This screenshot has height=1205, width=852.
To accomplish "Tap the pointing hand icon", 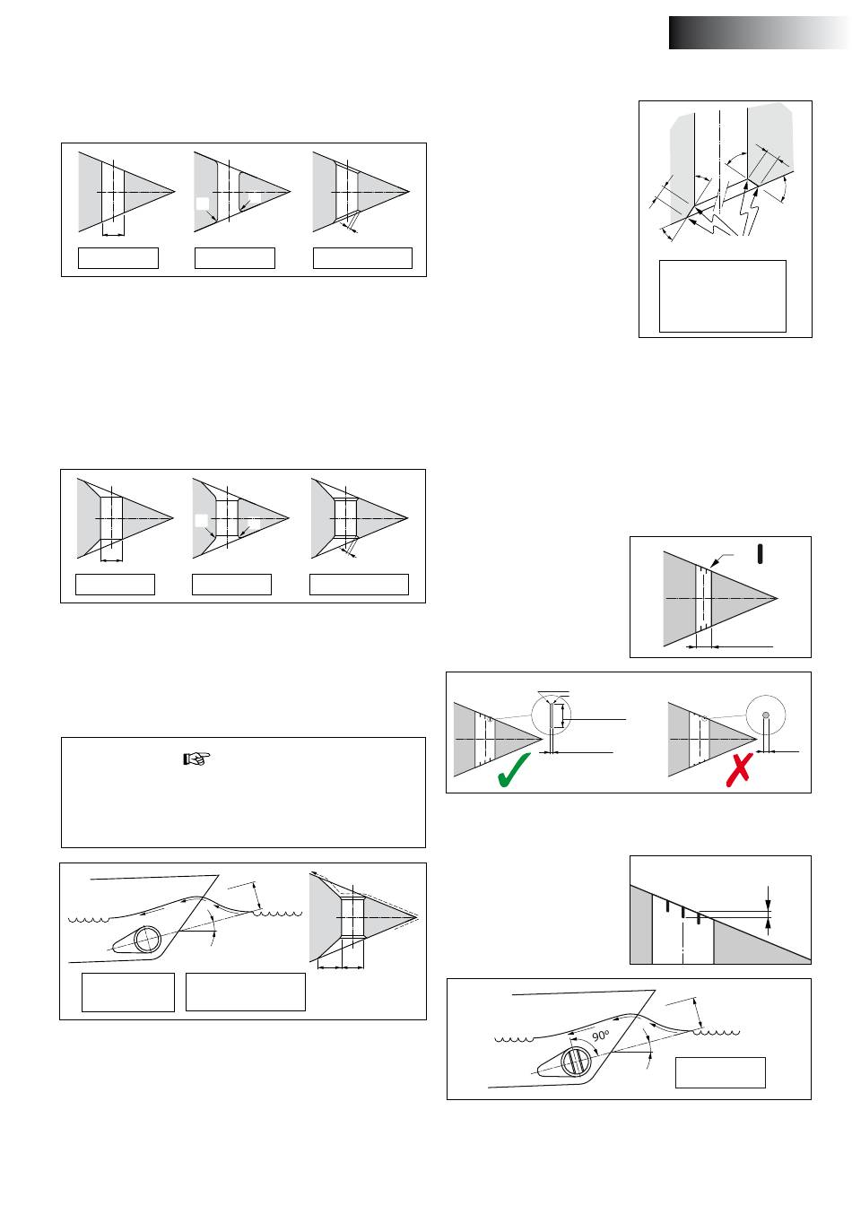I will (195, 759).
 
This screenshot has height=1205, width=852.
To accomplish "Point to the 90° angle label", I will (601, 1036).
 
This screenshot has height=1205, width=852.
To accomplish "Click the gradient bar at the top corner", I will (759, 32).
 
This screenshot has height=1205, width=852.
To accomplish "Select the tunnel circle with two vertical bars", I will (574, 1062).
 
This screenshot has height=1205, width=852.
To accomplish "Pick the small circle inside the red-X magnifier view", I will (765, 715).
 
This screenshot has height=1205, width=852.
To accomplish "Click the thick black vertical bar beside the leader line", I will (761, 553).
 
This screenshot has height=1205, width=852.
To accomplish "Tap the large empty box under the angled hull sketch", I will (722, 296).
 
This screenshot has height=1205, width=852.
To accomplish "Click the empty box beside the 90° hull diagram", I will (720, 1072).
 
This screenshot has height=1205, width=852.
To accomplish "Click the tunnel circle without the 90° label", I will (147, 941).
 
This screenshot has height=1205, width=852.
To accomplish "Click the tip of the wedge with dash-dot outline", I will (419, 918).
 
